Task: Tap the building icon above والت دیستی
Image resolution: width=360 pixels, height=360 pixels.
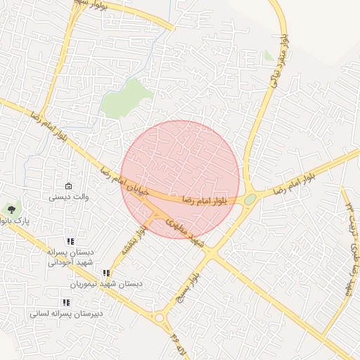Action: (x=68, y=186)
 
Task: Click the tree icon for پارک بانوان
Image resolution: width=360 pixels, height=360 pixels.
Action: (x=11, y=209)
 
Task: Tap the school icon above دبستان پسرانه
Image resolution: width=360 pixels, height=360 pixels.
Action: (x=70, y=240)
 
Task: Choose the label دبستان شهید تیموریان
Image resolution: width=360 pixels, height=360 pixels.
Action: (x=106, y=284)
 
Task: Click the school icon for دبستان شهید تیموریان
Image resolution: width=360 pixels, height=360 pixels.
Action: (x=106, y=273)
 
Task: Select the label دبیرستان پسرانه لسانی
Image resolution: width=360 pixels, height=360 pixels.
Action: (x=66, y=314)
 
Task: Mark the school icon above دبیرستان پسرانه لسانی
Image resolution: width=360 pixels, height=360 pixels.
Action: (x=66, y=302)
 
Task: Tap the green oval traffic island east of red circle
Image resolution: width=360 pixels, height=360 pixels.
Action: (x=250, y=200)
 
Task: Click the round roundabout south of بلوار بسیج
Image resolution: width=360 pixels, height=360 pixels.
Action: (x=160, y=319)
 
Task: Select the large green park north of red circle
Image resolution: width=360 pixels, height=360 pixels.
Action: (x=127, y=98)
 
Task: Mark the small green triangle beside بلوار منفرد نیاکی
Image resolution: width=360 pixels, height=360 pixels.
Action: (x=269, y=56)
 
